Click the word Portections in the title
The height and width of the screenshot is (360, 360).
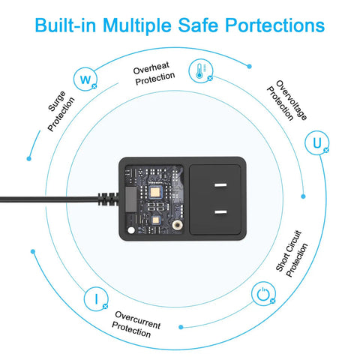coord(274,25)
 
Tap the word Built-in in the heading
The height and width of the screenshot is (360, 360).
coord(65,25)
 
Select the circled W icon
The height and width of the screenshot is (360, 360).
coord(85,79)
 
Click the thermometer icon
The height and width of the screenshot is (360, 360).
coord(201,70)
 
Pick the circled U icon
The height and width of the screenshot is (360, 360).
coord(317,142)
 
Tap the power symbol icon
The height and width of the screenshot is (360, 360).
coord(263,294)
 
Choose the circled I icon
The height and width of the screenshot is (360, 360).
coord(96,298)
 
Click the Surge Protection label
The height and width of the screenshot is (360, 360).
coord(61,111)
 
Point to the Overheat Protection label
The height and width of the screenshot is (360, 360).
coord(154,73)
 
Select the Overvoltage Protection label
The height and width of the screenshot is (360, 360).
coord(287,100)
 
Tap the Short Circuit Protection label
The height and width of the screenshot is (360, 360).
coord(292,253)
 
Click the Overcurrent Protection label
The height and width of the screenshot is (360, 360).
coord(136,324)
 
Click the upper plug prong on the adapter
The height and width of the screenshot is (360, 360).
coord(220,185)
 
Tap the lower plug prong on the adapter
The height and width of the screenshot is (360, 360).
coord(220,212)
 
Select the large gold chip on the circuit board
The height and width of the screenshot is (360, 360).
coord(155,193)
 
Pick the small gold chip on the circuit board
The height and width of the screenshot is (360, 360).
coord(156,220)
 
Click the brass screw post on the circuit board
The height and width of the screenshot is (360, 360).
coord(177,224)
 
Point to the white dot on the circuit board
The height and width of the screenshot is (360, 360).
coord(131,230)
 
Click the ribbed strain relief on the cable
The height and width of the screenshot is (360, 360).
coord(108,199)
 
